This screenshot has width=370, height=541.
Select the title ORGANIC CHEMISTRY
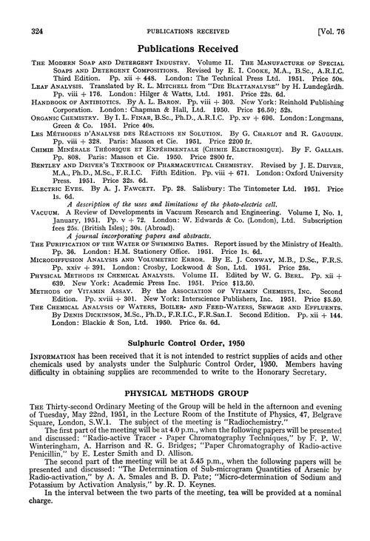click(60, 117)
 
